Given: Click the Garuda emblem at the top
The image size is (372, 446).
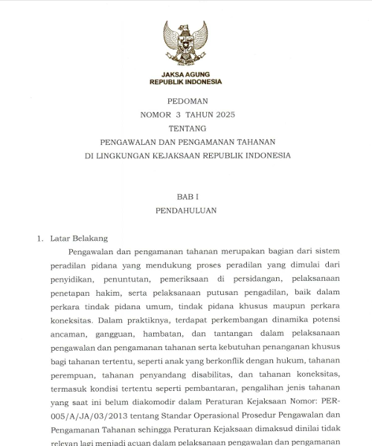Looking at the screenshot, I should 185,44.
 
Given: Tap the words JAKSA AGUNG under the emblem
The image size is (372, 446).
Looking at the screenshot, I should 185,75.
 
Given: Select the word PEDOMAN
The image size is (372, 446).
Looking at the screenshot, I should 185,100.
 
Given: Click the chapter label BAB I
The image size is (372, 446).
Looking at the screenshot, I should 186,197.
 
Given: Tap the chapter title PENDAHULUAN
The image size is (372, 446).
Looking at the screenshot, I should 186,210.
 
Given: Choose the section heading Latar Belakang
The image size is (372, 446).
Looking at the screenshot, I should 79,239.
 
